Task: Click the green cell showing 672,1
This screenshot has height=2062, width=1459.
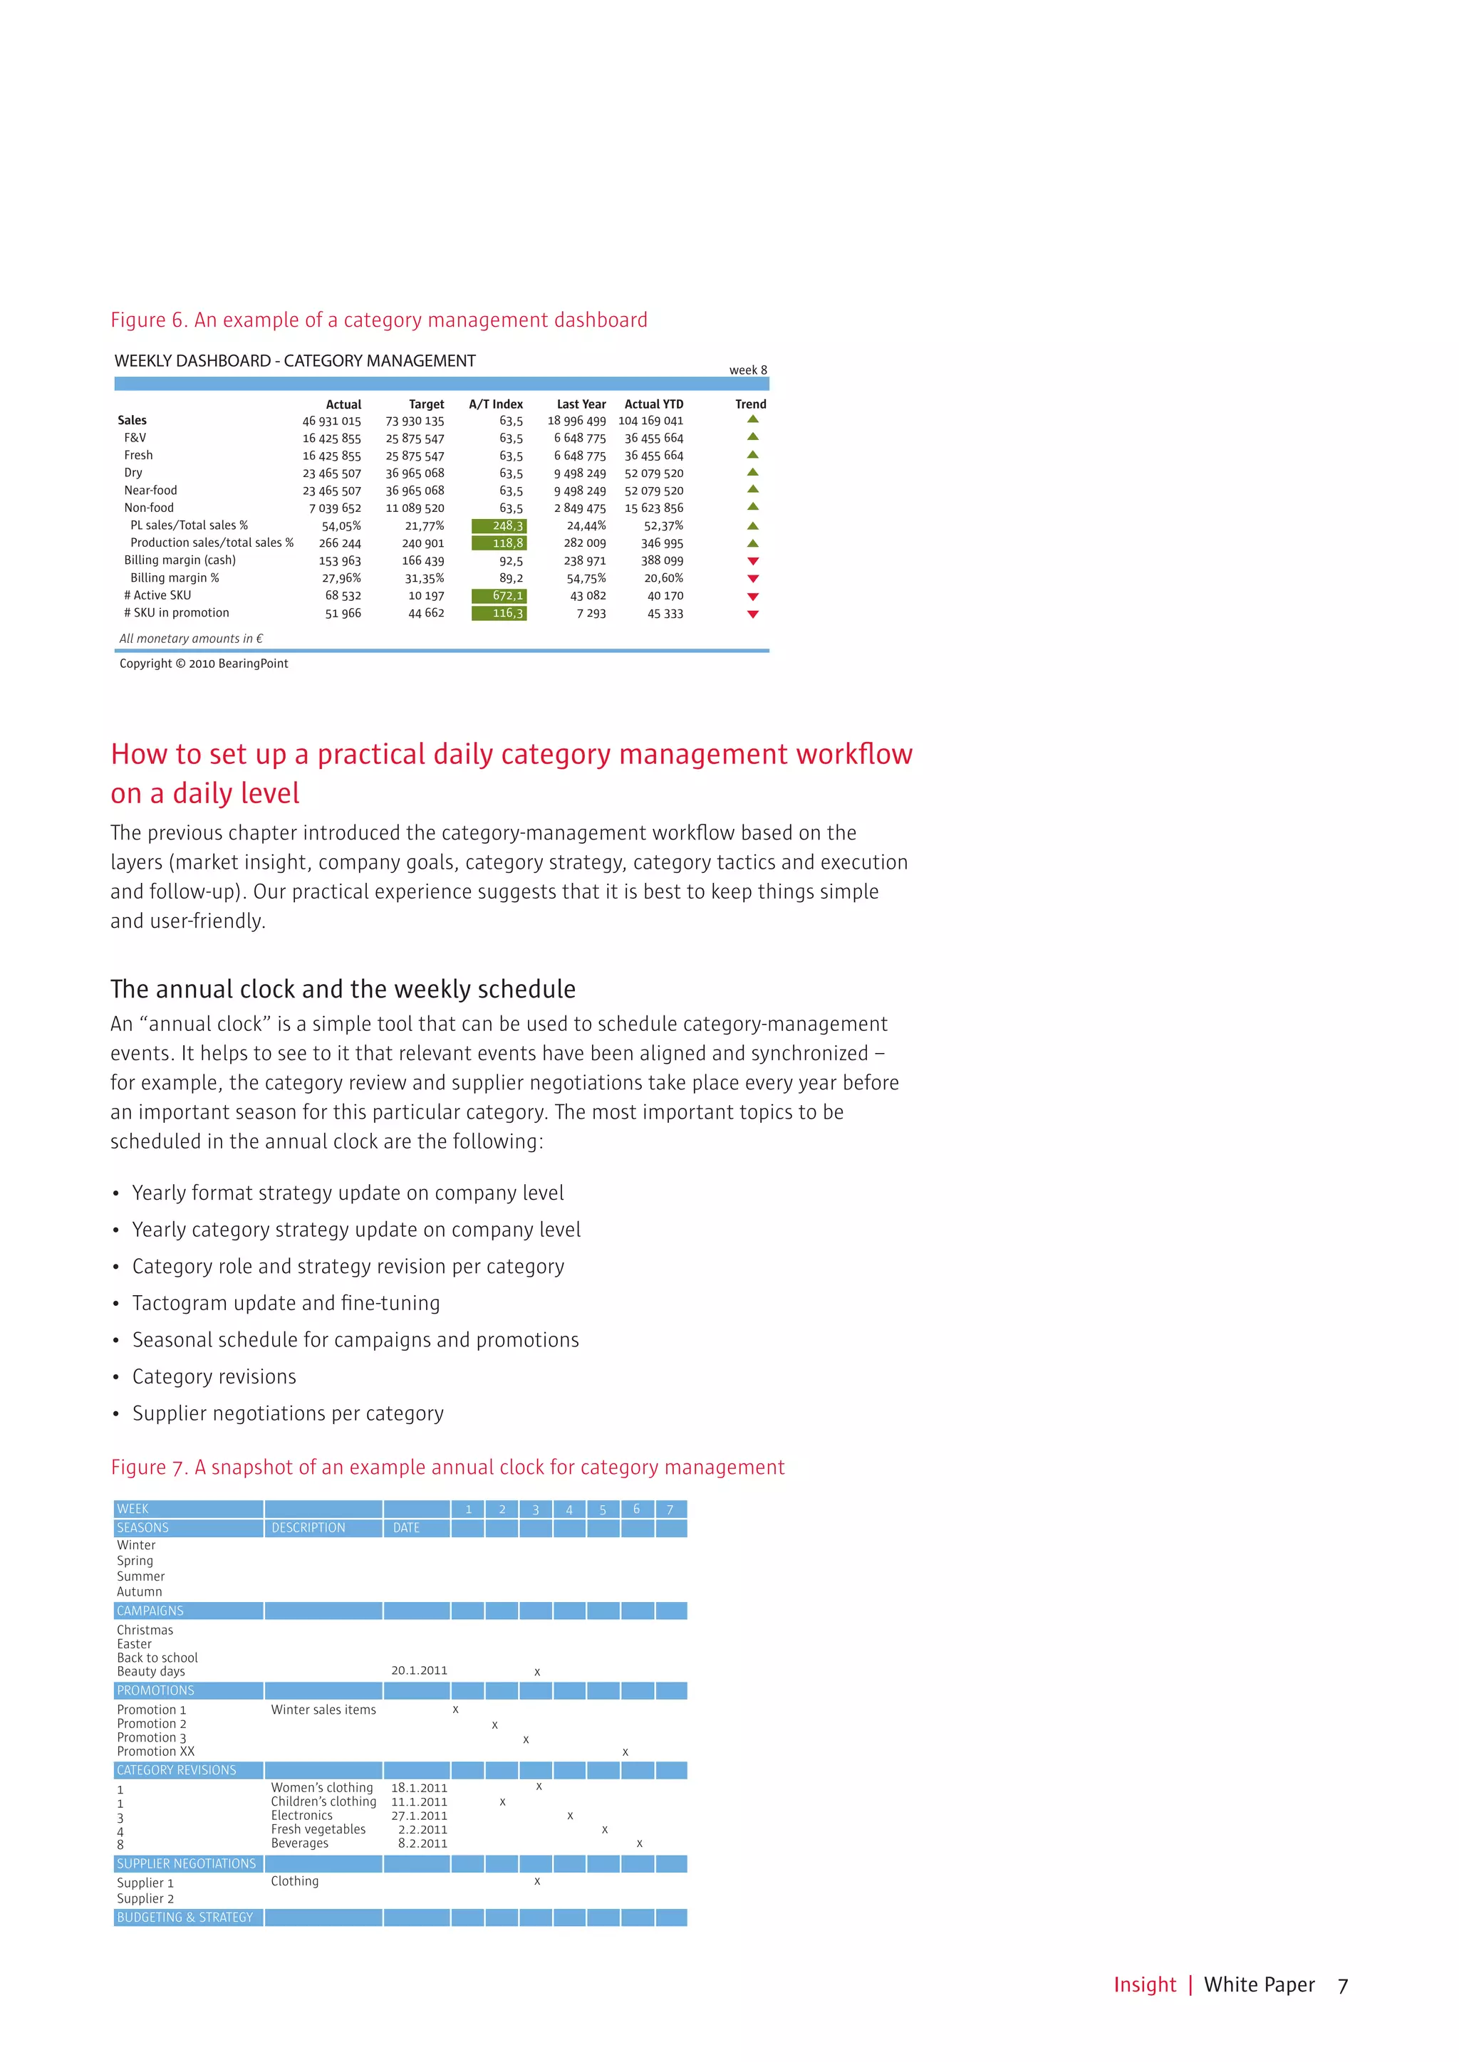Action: [499, 595]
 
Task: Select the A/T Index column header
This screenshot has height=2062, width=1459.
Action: [495, 404]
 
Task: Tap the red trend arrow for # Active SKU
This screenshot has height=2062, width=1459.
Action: [753, 597]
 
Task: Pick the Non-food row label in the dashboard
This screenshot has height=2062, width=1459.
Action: [149, 508]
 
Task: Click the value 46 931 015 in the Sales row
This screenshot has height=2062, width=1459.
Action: [331, 422]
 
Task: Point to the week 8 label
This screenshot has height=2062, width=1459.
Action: [747, 370]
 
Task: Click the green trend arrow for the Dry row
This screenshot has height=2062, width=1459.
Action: [753, 472]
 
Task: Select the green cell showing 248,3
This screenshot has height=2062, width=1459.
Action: [499, 525]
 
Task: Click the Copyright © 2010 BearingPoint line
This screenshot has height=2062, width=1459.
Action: [204, 664]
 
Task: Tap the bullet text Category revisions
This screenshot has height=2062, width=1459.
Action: [214, 1377]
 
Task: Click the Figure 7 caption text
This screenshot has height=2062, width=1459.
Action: [447, 1467]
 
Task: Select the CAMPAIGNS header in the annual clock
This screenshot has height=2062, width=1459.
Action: [150, 1611]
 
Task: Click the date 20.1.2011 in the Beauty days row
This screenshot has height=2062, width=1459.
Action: [419, 1670]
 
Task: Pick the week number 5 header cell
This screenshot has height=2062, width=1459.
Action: [603, 1509]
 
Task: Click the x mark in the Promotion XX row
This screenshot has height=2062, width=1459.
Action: [625, 1752]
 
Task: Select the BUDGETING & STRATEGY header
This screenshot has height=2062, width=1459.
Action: [185, 1917]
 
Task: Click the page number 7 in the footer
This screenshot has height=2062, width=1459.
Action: [1342, 1986]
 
